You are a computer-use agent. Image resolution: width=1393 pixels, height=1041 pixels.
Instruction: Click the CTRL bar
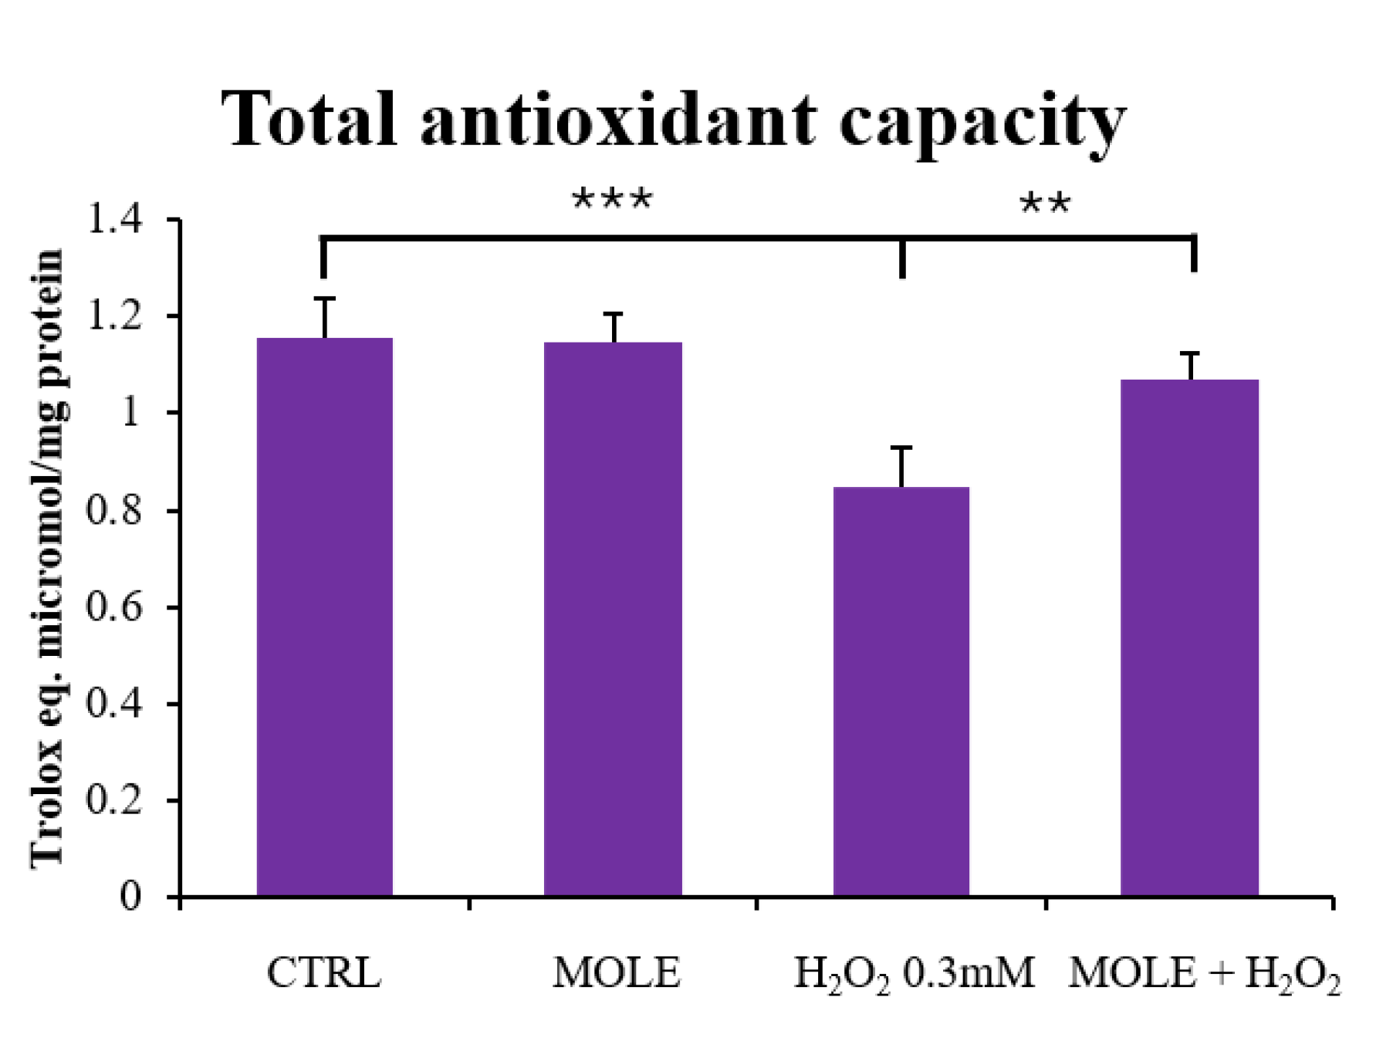tap(324, 617)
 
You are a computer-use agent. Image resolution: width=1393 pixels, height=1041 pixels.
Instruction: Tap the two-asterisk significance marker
tap(1045, 205)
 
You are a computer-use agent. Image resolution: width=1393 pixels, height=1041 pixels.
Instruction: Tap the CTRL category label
tap(324, 973)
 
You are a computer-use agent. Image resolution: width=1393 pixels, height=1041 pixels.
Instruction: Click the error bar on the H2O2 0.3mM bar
tap(901, 467)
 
